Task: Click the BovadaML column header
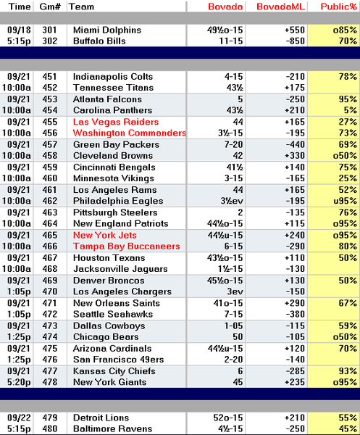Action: [x=280, y=7]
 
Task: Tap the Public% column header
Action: [x=339, y=7]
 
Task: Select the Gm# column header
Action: [x=50, y=7]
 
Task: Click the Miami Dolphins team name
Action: [x=107, y=30]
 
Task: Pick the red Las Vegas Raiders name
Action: [x=116, y=122]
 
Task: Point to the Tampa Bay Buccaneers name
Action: [x=126, y=246]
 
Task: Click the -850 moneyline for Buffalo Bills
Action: [x=295, y=41]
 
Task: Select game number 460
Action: [x=50, y=178]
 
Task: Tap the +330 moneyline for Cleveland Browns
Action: [x=295, y=156]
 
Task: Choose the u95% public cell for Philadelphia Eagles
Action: [x=345, y=201]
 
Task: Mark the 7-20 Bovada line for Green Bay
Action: [x=233, y=144]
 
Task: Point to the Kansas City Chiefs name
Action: [x=114, y=371]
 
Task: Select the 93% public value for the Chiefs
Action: [x=348, y=371]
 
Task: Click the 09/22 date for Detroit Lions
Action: [x=19, y=418]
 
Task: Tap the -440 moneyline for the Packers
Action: [x=295, y=144]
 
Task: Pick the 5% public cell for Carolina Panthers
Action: [x=351, y=110]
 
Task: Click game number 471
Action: [x=50, y=303]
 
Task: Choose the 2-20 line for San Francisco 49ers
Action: [x=233, y=360]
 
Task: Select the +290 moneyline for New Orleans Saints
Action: [x=295, y=303]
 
